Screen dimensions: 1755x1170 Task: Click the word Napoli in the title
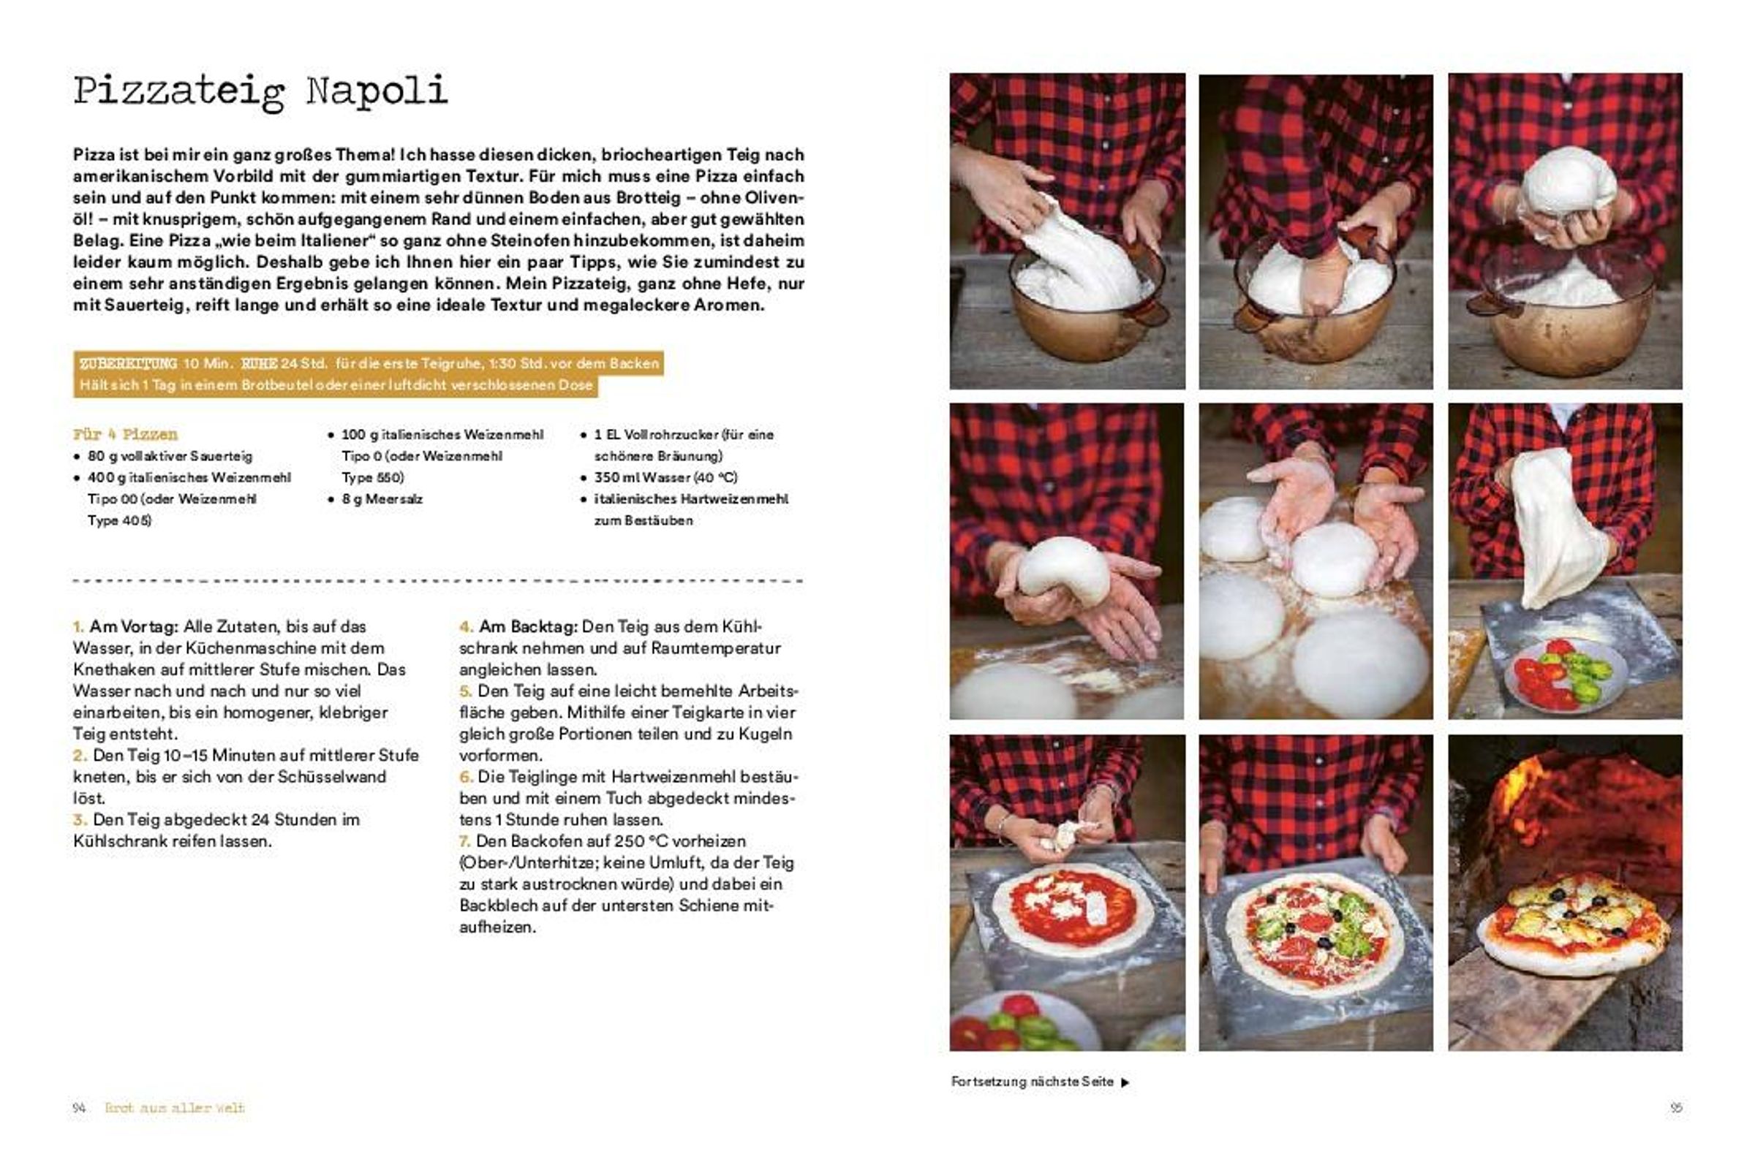(377, 91)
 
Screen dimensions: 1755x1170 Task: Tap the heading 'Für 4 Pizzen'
(126, 434)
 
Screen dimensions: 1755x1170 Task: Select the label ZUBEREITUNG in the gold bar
(128, 363)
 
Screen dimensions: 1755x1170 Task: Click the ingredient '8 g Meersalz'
(382, 499)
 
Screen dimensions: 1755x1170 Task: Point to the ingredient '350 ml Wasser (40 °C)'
(665, 477)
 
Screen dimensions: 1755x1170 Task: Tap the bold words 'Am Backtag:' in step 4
(528, 627)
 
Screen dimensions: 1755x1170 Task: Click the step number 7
(464, 841)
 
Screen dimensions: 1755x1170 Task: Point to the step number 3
(79, 819)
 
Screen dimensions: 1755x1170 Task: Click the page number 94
(79, 1108)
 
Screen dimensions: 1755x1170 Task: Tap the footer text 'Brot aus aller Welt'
(175, 1108)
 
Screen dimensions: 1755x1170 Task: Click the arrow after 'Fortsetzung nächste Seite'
(1125, 1082)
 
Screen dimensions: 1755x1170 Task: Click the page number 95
(1677, 1108)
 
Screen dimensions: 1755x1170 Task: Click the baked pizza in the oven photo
(1574, 924)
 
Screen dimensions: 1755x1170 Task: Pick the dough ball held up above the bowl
(1569, 183)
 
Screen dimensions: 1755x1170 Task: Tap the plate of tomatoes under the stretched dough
(1565, 675)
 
